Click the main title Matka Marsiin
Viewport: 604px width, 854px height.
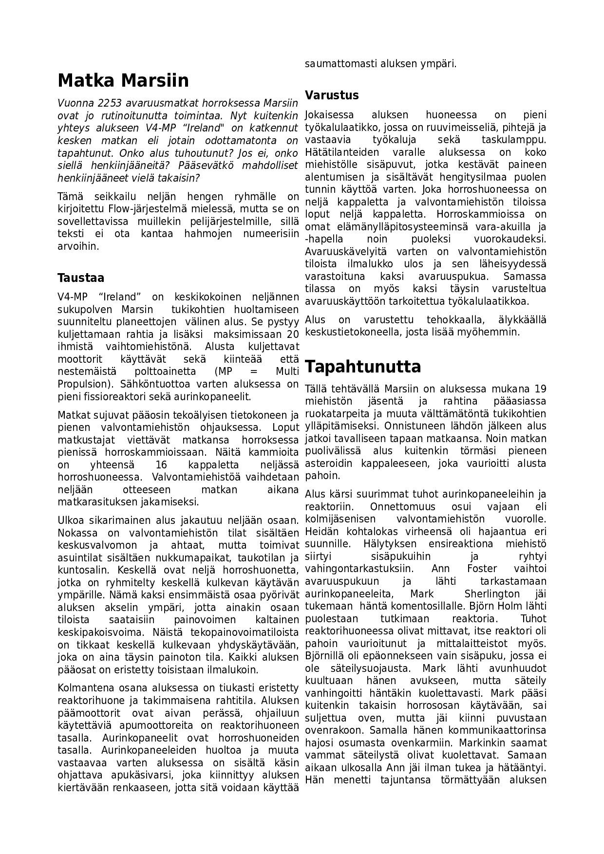(x=123, y=80)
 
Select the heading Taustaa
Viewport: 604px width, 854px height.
(x=81, y=278)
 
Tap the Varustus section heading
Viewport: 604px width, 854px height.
(x=332, y=95)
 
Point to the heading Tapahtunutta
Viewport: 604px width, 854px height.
(x=363, y=366)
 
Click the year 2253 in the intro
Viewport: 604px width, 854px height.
(x=110, y=103)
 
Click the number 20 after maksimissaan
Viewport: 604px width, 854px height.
(x=292, y=334)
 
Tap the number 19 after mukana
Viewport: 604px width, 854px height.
(x=540, y=389)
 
